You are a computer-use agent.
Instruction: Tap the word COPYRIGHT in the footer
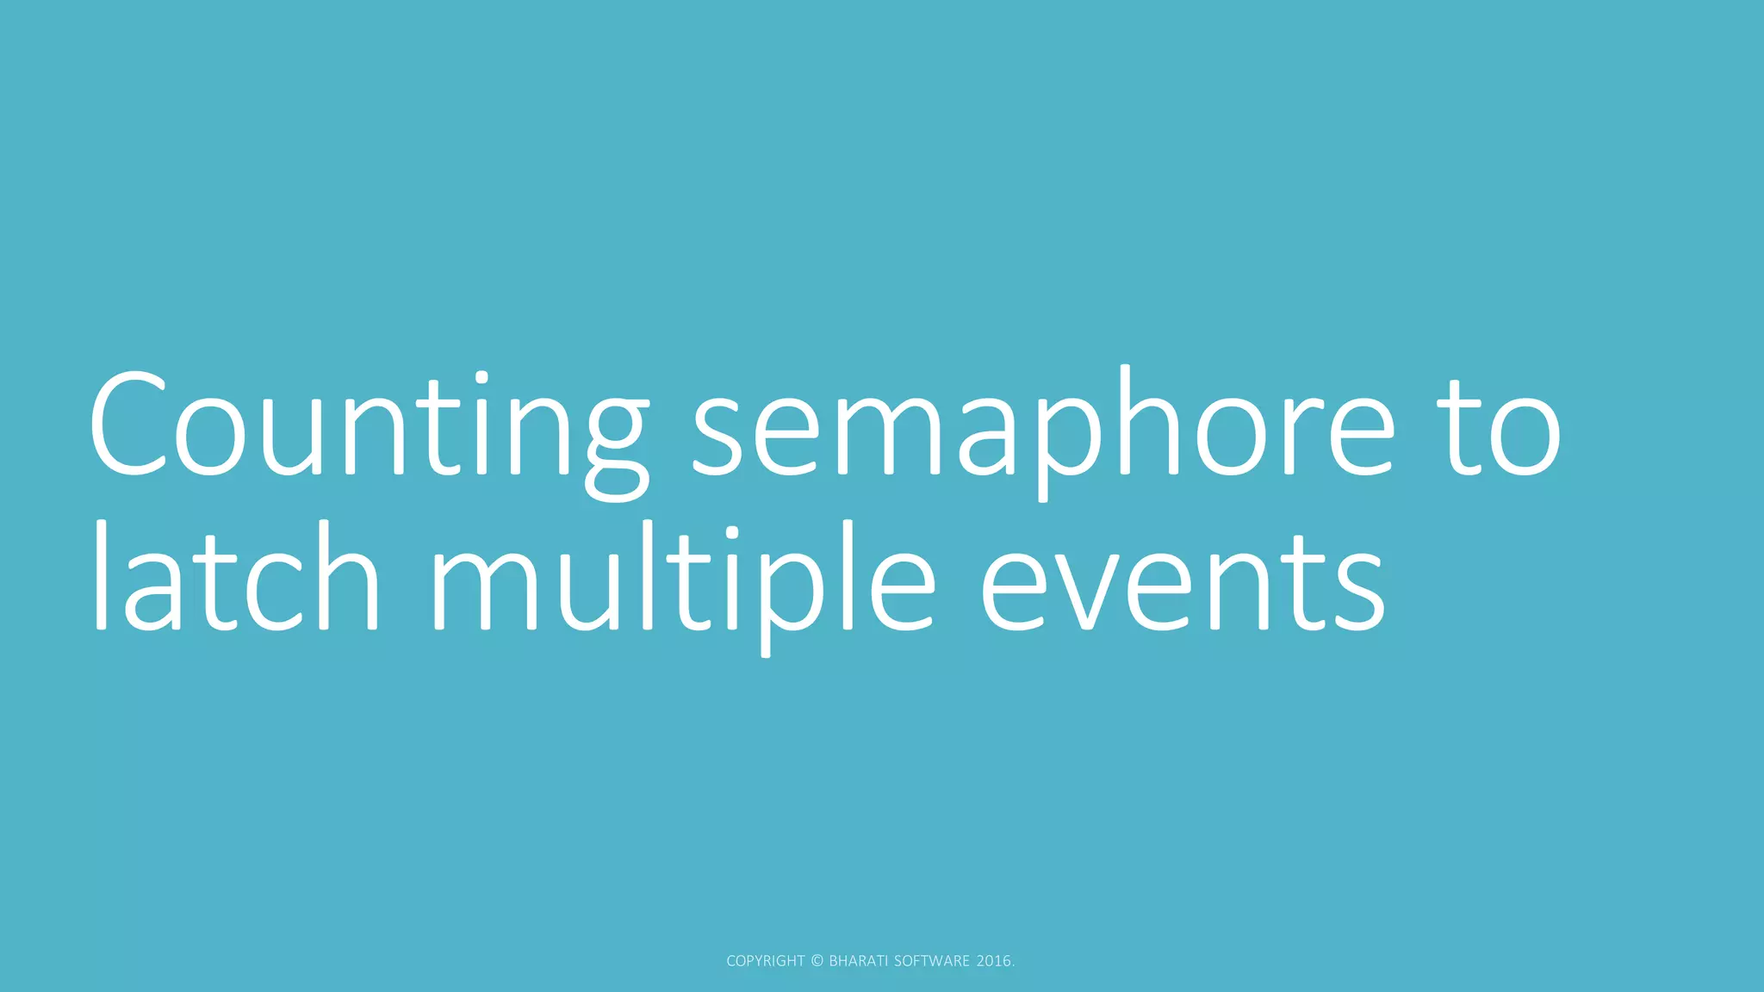765,961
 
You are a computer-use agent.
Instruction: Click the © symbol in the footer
817,961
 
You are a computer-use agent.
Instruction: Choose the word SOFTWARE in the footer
932,961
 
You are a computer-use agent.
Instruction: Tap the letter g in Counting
617,439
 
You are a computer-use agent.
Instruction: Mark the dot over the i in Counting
481,375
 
